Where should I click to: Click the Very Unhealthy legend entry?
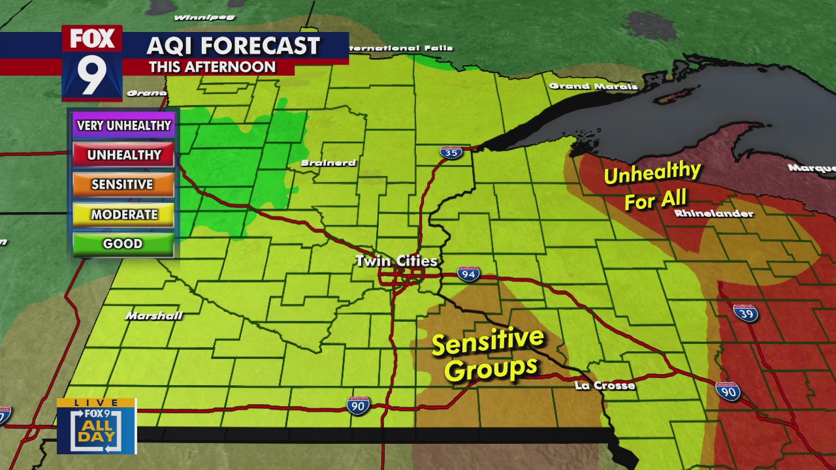(x=123, y=125)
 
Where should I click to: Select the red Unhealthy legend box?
(x=123, y=155)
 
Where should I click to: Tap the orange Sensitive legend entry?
(x=123, y=185)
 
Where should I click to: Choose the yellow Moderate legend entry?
(x=123, y=214)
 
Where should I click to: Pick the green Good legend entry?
(x=123, y=243)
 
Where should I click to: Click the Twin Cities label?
(x=396, y=261)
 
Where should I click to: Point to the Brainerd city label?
(x=329, y=163)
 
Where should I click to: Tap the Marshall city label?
(x=154, y=316)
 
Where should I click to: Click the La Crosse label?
(x=605, y=386)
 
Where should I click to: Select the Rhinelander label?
(x=714, y=213)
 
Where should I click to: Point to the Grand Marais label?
(x=593, y=86)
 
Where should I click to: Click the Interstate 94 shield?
(x=468, y=274)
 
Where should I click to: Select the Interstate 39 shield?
(x=745, y=313)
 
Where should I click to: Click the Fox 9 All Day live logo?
(x=97, y=426)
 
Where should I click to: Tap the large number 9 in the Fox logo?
(x=92, y=75)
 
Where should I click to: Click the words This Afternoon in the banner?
(x=212, y=67)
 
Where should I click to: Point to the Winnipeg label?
(x=195, y=17)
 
